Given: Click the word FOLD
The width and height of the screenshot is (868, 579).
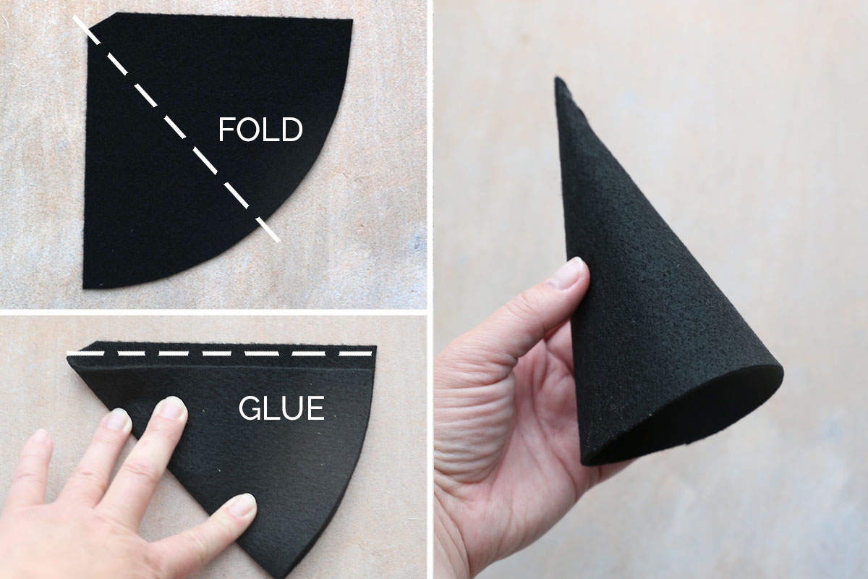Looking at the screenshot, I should click(260, 130).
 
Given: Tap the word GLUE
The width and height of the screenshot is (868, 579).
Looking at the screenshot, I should click(281, 409).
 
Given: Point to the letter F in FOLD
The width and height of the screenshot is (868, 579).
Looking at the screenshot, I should click(227, 130).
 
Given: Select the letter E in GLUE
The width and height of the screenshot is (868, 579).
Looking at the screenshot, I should click(315, 409).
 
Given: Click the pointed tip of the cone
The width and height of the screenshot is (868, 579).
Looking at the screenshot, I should click(560, 81).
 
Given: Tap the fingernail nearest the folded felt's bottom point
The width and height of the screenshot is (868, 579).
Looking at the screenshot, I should click(243, 504).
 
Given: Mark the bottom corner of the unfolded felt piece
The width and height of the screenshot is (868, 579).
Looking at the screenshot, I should click(85, 287).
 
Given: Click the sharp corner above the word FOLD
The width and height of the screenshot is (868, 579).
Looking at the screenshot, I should click(352, 20).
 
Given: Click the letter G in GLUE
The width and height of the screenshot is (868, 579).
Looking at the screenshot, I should click(249, 409).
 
